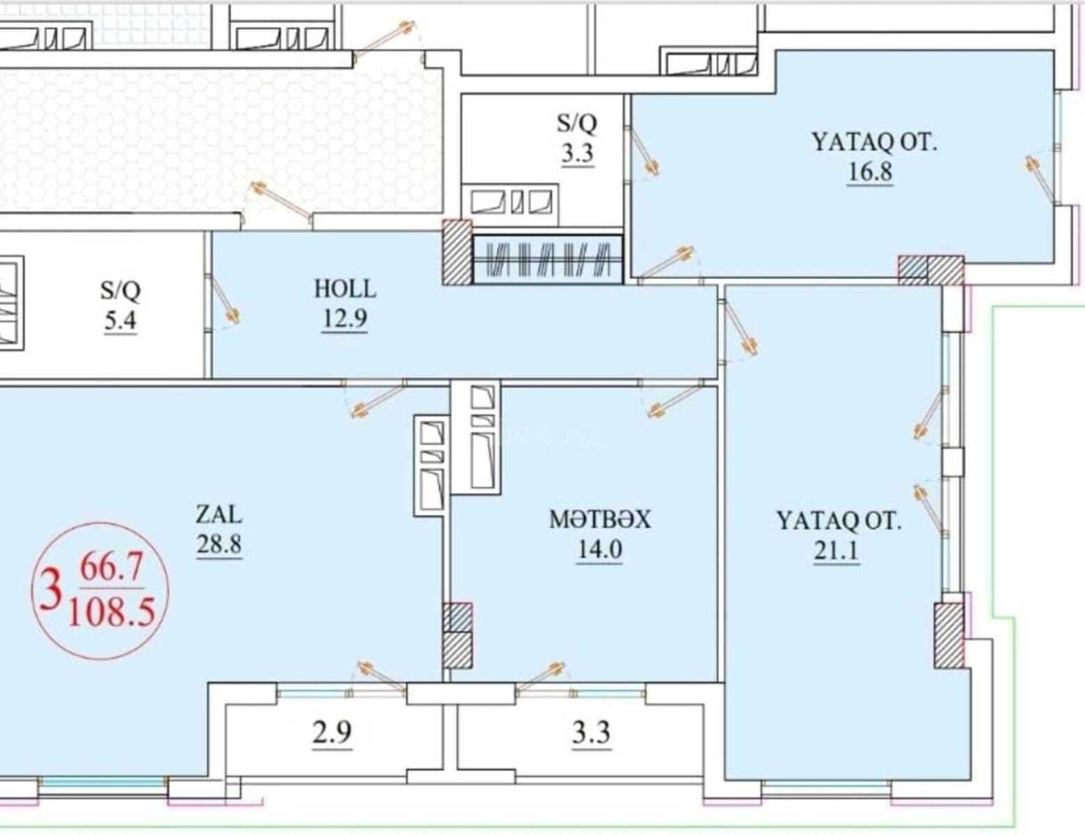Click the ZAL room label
pos(219,515)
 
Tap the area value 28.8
pos(219,544)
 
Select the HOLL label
pos(345,289)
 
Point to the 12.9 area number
pos(344,319)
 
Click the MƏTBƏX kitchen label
pos(600,520)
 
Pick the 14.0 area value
pos(600,550)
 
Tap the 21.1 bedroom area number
pos(837,551)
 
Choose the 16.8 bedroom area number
pos(870,172)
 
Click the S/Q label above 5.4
pos(120,290)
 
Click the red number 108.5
pos(111,612)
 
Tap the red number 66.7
pos(112,568)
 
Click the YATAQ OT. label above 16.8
pos(874,142)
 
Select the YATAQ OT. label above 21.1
pos(839,521)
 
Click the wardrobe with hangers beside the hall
pos(548,260)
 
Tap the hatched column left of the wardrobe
pos(457,253)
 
